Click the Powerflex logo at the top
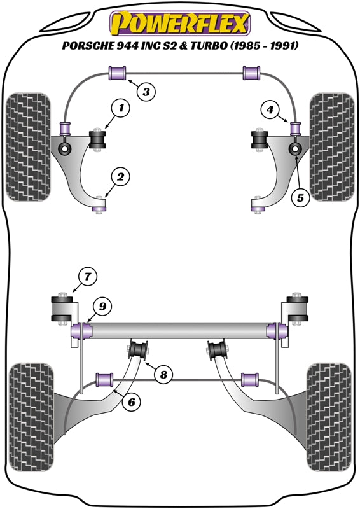(x=180, y=24)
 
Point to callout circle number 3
(x=146, y=92)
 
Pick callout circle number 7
(x=88, y=276)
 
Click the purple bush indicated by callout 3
(x=117, y=73)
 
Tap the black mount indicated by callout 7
(x=62, y=309)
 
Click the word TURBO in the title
(x=206, y=46)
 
